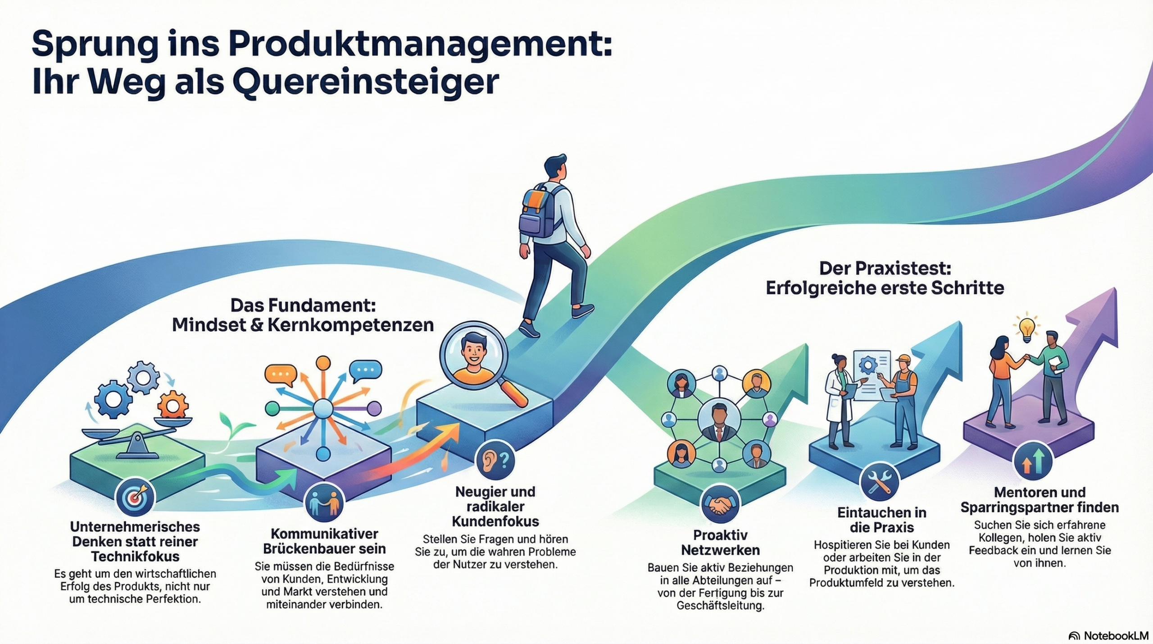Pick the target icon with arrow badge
tap(135, 498)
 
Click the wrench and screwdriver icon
tap(879, 482)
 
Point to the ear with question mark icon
tap(495, 460)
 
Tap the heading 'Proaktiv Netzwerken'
tap(720, 542)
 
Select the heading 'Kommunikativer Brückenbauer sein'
tap(324, 541)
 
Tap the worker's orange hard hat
tap(903, 360)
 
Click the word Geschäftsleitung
tap(720, 605)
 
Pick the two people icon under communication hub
tap(324, 503)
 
